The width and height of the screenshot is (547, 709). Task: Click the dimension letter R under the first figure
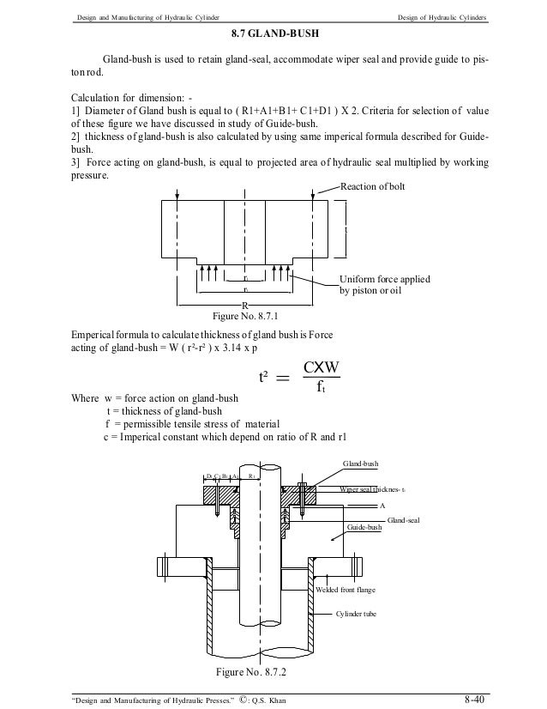pyautogui.click(x=244, y=306)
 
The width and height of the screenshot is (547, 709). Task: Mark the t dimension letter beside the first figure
pyautogui.click(x=346, y=231)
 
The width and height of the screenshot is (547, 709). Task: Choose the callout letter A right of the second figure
pyautogui.click(x=382, y=506)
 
